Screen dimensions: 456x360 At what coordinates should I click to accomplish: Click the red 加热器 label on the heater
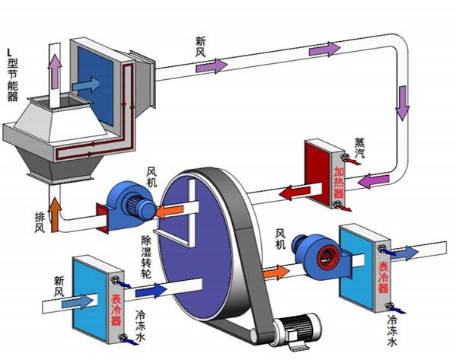point(339,183)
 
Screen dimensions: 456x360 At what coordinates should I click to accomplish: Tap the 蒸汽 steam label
point(359,148)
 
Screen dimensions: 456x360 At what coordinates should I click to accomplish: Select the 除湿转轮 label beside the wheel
point(146,256)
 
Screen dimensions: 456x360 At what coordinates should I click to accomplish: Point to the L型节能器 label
point(12,75)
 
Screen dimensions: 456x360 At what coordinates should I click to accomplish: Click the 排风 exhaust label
point(40,222)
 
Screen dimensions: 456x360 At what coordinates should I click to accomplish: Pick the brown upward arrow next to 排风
point(55,215)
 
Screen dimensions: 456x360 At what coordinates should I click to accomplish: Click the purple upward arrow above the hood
point(55,72)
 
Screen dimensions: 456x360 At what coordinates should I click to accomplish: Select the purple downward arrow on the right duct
point(403,104)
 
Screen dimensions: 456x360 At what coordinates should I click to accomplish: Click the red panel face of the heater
point(317,173)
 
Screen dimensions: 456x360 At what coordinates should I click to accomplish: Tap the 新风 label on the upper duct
point(201,46)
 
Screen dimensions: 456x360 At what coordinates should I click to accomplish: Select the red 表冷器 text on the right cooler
point(383,277)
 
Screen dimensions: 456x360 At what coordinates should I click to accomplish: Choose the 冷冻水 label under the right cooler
point(392,331)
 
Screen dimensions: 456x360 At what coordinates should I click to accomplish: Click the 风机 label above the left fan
point(151,177)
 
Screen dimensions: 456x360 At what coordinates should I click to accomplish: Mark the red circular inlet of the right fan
point(329,258)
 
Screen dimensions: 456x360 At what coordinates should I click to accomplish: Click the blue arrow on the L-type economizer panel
point(86,84)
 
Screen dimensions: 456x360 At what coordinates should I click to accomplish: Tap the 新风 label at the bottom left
point(59,286)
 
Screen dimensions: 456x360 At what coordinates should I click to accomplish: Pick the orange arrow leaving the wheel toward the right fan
point(276,272)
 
